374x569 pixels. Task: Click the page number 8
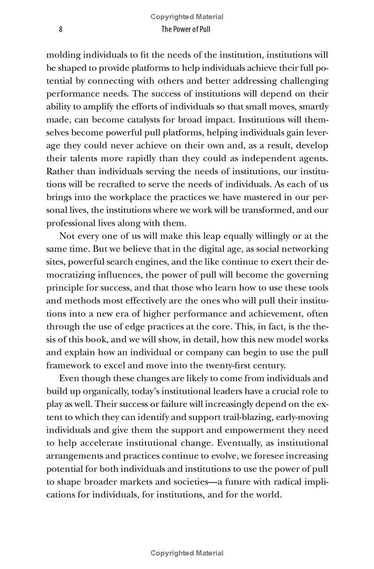[x=61, y=29]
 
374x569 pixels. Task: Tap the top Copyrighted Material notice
[x=187, y=17]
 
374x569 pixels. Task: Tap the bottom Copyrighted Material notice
[x=187, y=553]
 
